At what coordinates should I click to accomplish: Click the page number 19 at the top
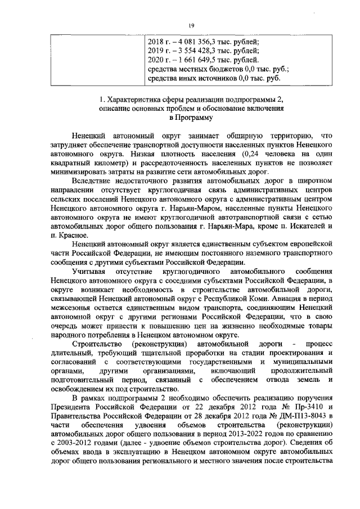191,25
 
